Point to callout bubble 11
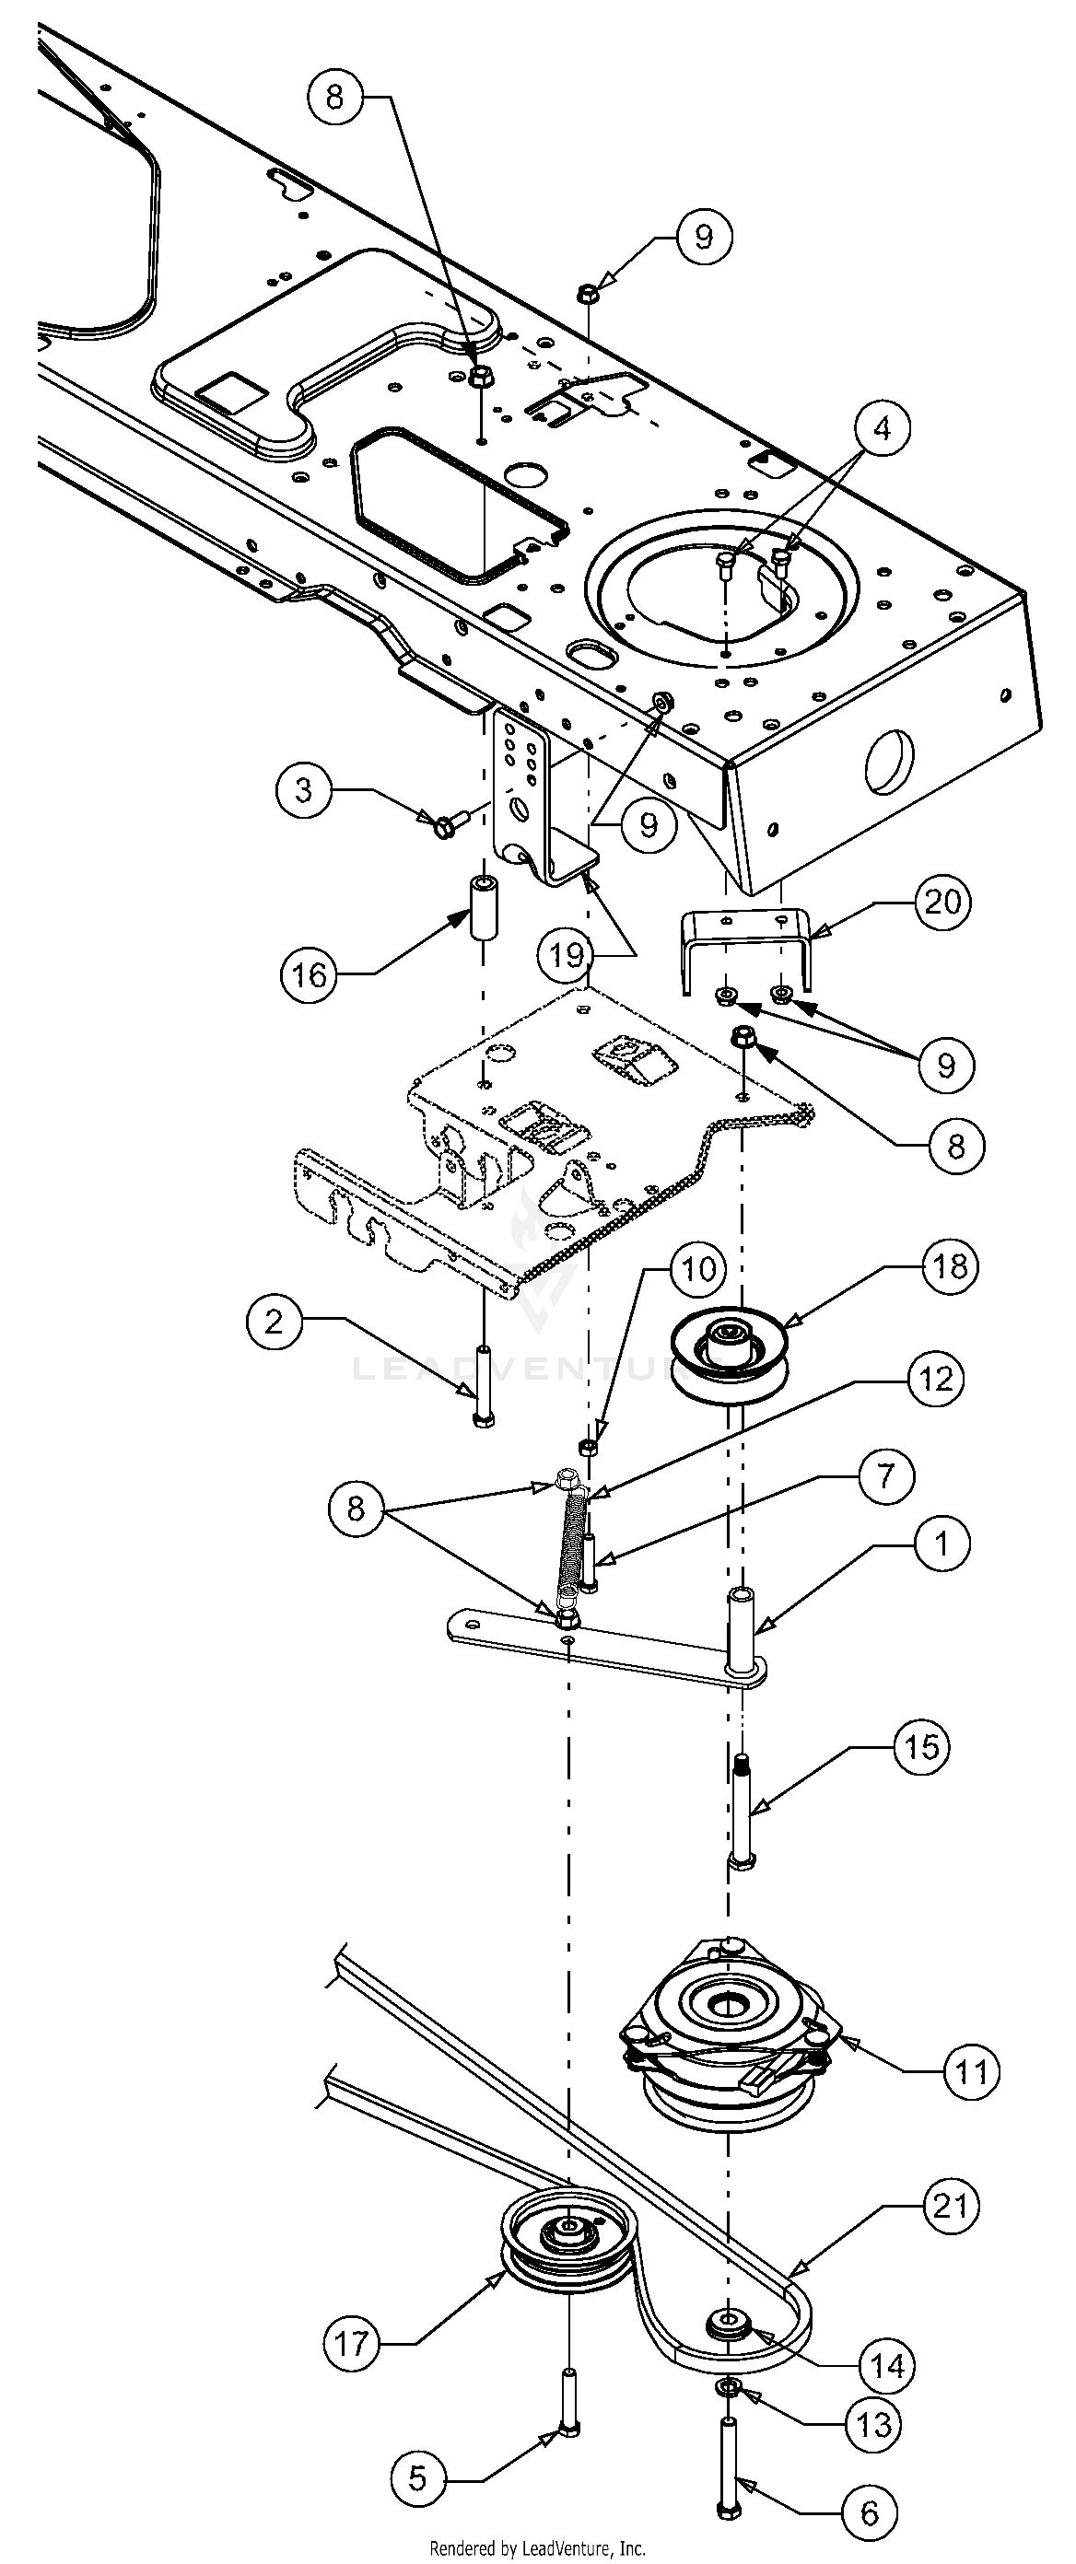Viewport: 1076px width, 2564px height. pyautogui.click(x=970, y=2071)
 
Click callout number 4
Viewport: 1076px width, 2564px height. pyautogui.click(x=881, y=428)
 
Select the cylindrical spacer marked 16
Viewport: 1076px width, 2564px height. pyautogui.click(x=483, y=907)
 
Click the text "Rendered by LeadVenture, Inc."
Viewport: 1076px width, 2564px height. pyautogui.click(x=537, y=2548)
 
